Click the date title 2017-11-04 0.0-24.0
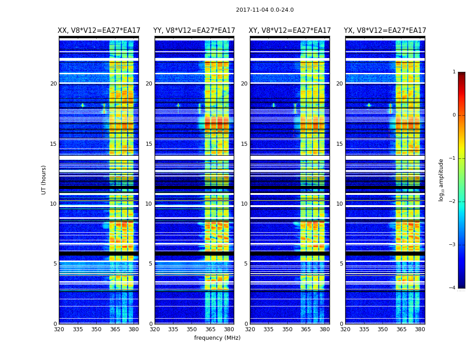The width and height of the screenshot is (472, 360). coord(265,10)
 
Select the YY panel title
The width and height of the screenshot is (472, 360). coord(194,31)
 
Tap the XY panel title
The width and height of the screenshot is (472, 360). coord(290,31)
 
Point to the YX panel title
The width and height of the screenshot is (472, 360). coord(385,31)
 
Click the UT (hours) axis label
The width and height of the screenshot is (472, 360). coord(44,180)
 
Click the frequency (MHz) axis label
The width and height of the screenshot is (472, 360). coord(217,338)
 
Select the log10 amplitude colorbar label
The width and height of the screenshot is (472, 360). coord(441,180)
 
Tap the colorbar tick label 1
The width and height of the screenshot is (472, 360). coord(454,72)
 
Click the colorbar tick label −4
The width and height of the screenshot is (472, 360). coord(453,288)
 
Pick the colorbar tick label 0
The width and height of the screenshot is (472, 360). coord(454,115)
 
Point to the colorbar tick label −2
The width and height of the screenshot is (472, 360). coord(453,202)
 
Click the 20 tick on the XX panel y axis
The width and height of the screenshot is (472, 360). coord(53,84)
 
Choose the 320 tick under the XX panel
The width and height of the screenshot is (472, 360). coord(59,329)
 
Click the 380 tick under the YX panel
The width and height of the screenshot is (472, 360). coord(420,329)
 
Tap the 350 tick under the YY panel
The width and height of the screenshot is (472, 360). coord(192,329)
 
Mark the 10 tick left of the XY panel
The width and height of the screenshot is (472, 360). coord(244,204)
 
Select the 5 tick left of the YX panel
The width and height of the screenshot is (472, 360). coord(341,264)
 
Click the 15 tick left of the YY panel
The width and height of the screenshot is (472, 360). coord(149,144)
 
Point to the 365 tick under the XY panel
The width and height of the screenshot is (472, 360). coord(306,329)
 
